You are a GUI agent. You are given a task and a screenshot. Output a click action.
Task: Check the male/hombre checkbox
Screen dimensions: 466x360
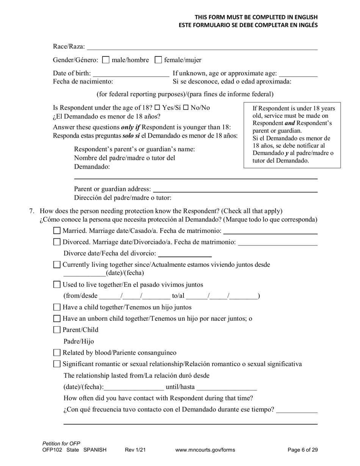click(106, 60)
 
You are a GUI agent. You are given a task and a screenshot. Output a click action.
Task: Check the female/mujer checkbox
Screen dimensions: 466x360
click(159, 60)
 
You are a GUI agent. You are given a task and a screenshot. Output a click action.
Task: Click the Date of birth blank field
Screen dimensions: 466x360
click(131, 73)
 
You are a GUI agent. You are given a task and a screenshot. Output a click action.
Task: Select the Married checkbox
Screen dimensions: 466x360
click(57, 231)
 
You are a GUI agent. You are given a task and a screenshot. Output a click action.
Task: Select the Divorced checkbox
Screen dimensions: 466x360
click(57, 242)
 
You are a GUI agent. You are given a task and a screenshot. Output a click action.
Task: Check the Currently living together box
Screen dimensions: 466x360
click(57, 265)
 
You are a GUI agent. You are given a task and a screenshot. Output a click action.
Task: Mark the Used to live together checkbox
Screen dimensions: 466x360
click(57, 285)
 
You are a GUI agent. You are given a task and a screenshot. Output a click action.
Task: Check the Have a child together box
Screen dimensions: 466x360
click(57, 307)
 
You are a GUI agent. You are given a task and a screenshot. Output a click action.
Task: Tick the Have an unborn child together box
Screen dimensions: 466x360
click(57, 319)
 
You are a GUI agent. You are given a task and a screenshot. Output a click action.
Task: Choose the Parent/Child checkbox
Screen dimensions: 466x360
click(57, 330)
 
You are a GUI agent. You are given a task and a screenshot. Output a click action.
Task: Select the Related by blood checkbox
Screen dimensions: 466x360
click(57, 353)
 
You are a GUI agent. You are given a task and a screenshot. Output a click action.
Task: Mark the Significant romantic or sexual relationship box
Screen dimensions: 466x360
click(57, 364)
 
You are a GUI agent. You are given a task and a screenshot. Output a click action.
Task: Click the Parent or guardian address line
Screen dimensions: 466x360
click(235, 189)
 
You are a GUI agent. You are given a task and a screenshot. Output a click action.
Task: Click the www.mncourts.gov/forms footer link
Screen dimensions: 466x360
click(205, 450)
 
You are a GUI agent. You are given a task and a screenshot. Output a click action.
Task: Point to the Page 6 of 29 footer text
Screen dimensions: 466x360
click(302, 450)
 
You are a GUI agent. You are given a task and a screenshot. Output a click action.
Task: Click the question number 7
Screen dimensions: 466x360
click(32, 211)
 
